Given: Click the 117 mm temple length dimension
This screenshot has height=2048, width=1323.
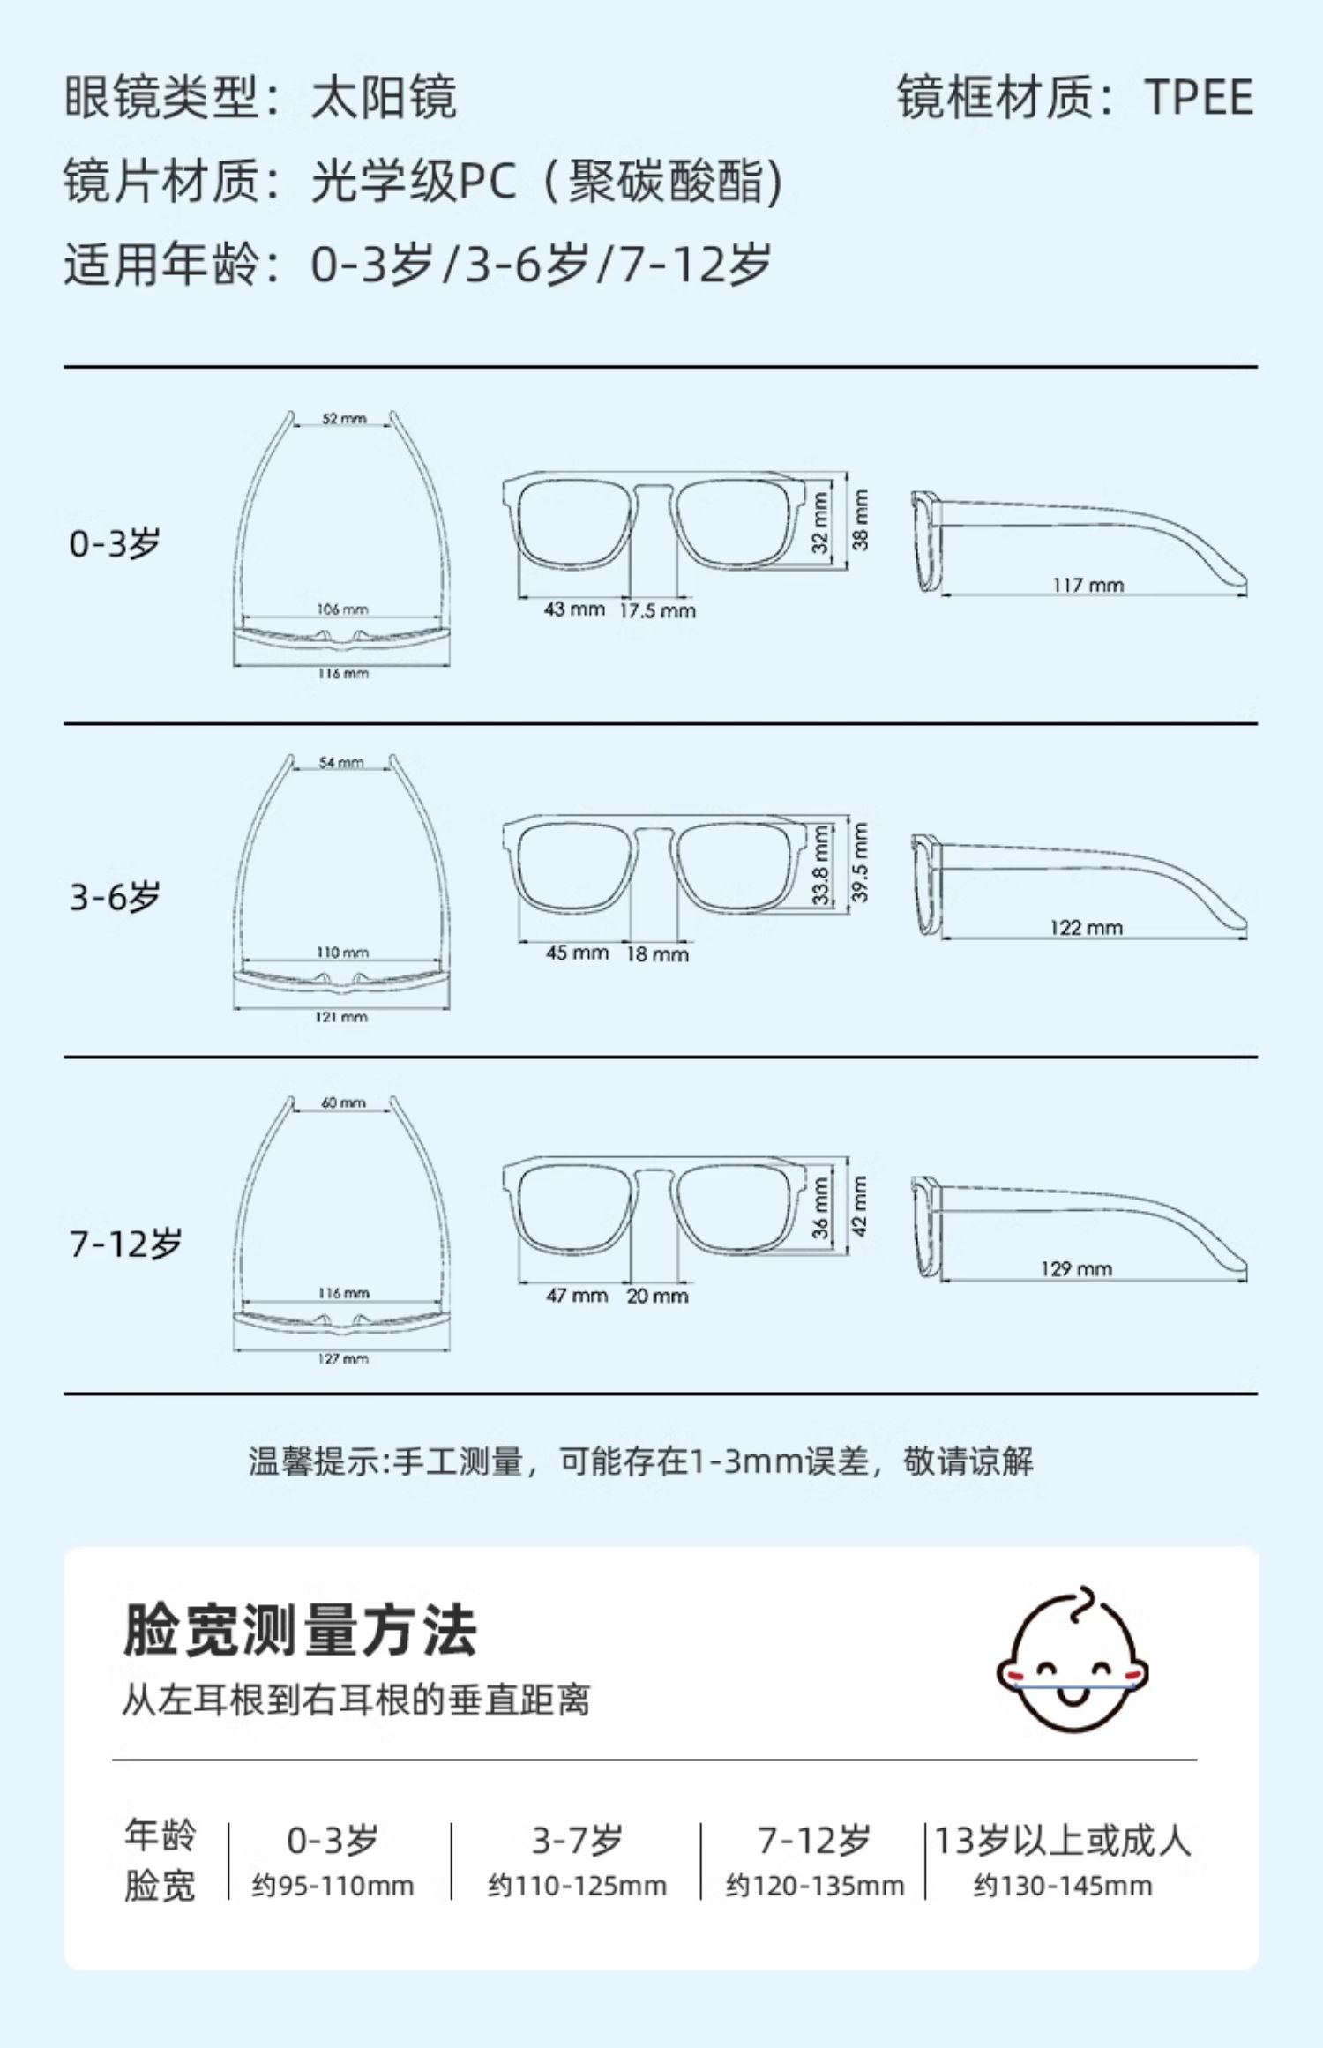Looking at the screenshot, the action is click(x=1088, y=585).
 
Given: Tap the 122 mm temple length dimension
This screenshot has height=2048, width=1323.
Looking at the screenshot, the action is click(x=1086, y=928).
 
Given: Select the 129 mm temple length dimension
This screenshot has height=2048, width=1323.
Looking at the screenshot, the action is click(x=1076, y=1269).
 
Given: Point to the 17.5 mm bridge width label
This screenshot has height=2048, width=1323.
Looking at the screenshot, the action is click(x=657, y=610).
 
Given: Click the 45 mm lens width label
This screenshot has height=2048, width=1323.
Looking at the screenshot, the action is click(x=577, y=953).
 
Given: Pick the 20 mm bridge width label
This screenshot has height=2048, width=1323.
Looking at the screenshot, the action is click(x=657, y=1296).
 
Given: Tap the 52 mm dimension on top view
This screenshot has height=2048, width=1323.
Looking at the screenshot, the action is click(x=344, y=418).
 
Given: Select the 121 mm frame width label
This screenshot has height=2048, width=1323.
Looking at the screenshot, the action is click(x=341, y=1017).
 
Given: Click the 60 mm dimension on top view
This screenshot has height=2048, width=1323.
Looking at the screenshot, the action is click(x=343, y=1102).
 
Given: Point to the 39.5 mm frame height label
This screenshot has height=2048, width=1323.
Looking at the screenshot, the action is click(x=860, y=862).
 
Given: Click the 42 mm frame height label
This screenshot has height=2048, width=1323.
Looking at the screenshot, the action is click(x=860, y=1206).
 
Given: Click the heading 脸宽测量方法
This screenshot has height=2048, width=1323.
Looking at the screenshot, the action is click(x=300, y=1631).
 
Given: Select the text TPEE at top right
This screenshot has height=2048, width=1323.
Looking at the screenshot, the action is click(x=1199, y=97).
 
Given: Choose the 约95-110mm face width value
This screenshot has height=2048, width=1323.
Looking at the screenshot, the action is click(x=333, y=1886).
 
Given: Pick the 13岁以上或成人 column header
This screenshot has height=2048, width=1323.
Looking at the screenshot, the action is click(x=1062, y=1841).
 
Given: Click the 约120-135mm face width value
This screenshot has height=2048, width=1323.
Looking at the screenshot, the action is click(x=815, y=1886).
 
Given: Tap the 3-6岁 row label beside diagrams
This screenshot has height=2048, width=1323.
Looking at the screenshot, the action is click(x=115, y=898).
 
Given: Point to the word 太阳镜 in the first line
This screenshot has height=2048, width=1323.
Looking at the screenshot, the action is click(x=384, y=97).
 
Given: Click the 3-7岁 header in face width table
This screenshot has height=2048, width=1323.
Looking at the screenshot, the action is click(x=577, y=1841).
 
